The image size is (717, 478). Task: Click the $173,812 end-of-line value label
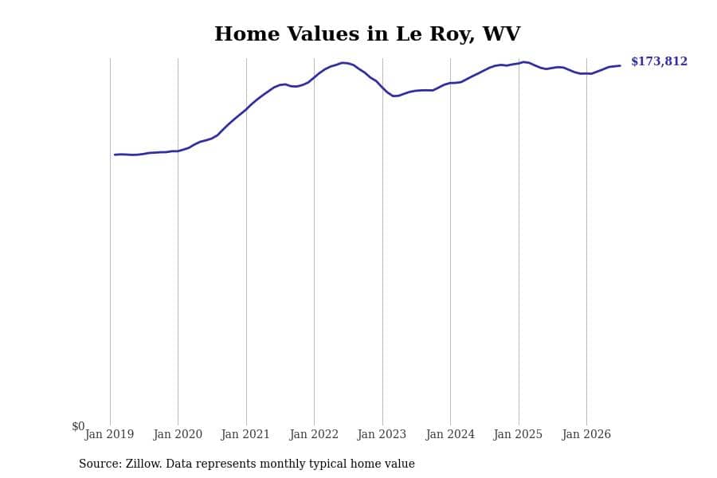point(659,61)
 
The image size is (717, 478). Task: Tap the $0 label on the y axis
point(78,426)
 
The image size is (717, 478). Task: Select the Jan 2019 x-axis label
point(109,434)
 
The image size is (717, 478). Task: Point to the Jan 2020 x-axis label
point(178,434)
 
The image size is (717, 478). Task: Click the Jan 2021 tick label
point(245,434)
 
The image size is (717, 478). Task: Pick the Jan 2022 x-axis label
point(314,434)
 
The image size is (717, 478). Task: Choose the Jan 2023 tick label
point(382,434)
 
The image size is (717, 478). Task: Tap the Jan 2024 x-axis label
point(450,434)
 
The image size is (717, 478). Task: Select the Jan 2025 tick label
point(518,434)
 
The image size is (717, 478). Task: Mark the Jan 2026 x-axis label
point(586,434)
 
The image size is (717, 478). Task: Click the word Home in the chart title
point(247,33)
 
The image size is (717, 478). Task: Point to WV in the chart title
point(501,33)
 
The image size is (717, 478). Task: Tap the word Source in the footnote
point(100,464)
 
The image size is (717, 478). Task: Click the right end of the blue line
point(620,66)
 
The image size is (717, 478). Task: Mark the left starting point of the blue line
point(115,155)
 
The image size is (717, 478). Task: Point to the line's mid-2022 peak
point(344,63)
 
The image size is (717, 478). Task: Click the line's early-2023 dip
point(394,96)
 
